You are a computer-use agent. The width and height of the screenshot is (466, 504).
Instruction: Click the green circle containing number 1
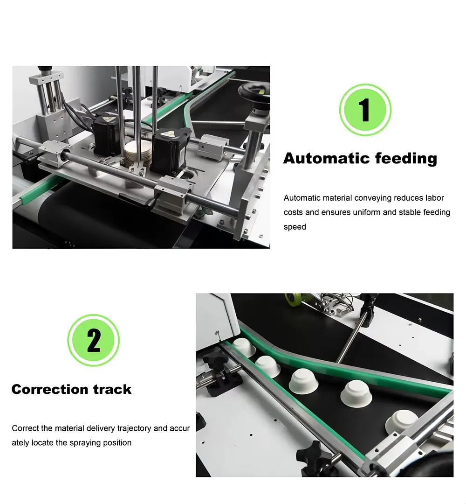tap(365, 110)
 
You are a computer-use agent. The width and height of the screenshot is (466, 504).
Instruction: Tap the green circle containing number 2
tap(94, 340)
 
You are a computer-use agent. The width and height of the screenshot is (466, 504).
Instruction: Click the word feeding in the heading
tap(406, 158)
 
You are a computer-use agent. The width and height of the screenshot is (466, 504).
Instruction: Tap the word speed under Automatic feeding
tap(295, 227)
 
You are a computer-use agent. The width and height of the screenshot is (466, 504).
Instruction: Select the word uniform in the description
tap(366, 212)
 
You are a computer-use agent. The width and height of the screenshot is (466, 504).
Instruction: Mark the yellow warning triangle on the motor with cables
tap(103, 119)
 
